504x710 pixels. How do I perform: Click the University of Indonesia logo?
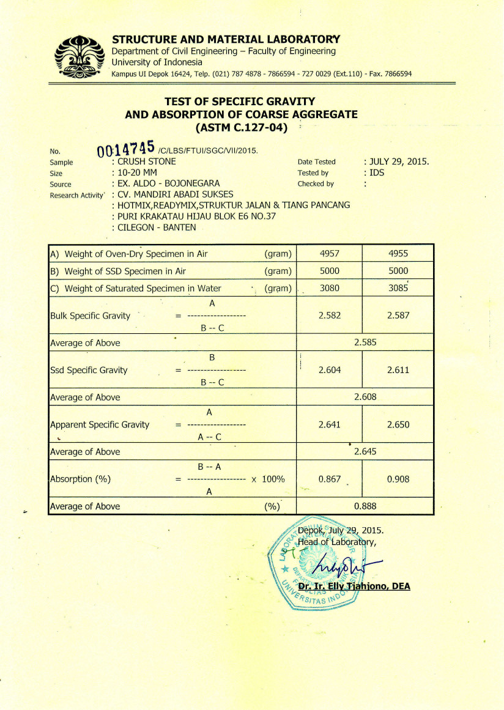[78, 55]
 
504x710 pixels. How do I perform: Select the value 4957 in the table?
[329, 253]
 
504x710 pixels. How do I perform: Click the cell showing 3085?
[398, 288]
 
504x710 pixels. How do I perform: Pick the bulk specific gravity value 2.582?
[329, 316]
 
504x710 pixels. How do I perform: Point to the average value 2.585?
[365, 342]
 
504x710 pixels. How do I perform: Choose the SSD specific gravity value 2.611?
[398, 370]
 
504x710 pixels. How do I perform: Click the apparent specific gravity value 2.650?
[398, 424]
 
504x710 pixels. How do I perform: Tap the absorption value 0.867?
[329, 479]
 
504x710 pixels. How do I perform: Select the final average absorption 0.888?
[365, 506]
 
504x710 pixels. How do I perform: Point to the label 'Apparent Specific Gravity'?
[100, 424]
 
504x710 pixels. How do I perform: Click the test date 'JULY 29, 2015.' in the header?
[398, 161]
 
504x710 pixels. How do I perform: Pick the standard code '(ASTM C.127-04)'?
[242, 128]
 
